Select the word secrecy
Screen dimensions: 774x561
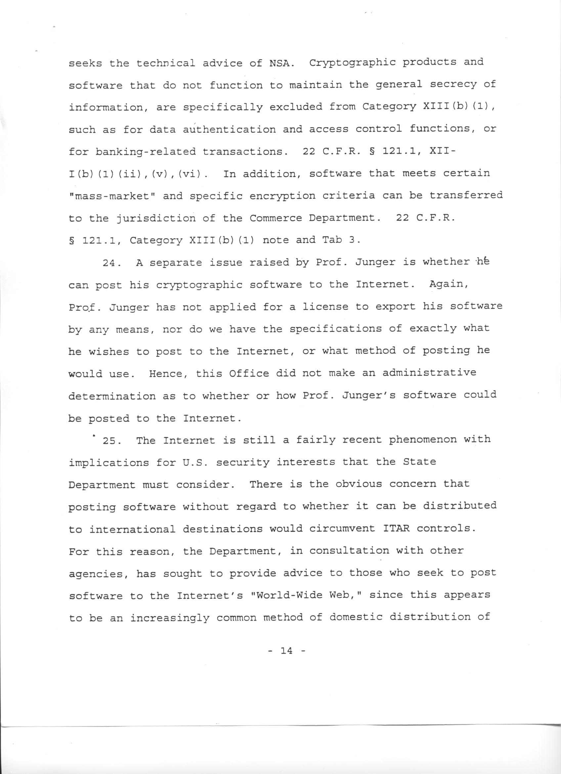[453, 85]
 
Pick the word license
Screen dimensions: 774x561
[326, 307]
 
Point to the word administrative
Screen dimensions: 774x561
[429, 373]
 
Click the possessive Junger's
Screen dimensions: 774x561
[369, 395]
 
